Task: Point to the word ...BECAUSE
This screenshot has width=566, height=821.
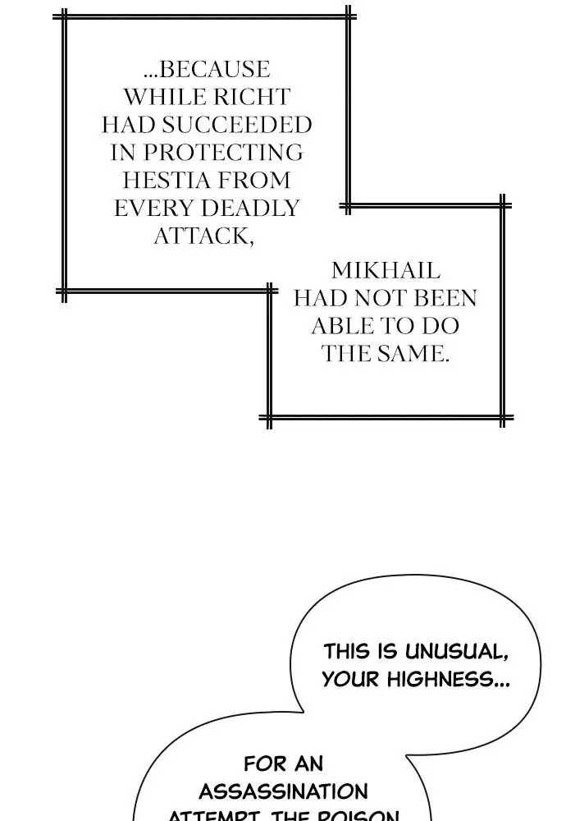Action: [x=207, y=69]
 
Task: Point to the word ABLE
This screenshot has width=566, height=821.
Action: [x=336, y=326]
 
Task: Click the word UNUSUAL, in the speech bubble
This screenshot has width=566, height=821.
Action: [x=457, y=652]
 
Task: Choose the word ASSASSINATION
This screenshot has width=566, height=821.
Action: [x=283, y=791]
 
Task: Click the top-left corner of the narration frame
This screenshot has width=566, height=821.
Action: [x=64, y=16]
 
